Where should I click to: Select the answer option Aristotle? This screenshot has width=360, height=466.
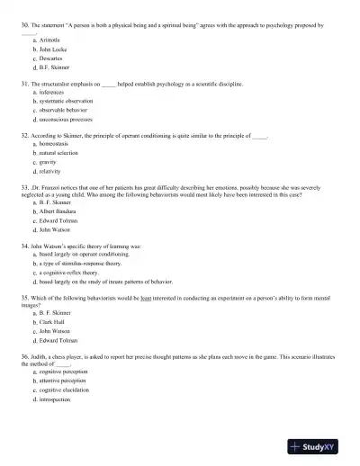(x=49, y=41)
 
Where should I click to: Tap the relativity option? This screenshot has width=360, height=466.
(x=51, y=170)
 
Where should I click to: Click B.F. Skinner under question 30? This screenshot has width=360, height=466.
(x=53, y=67)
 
